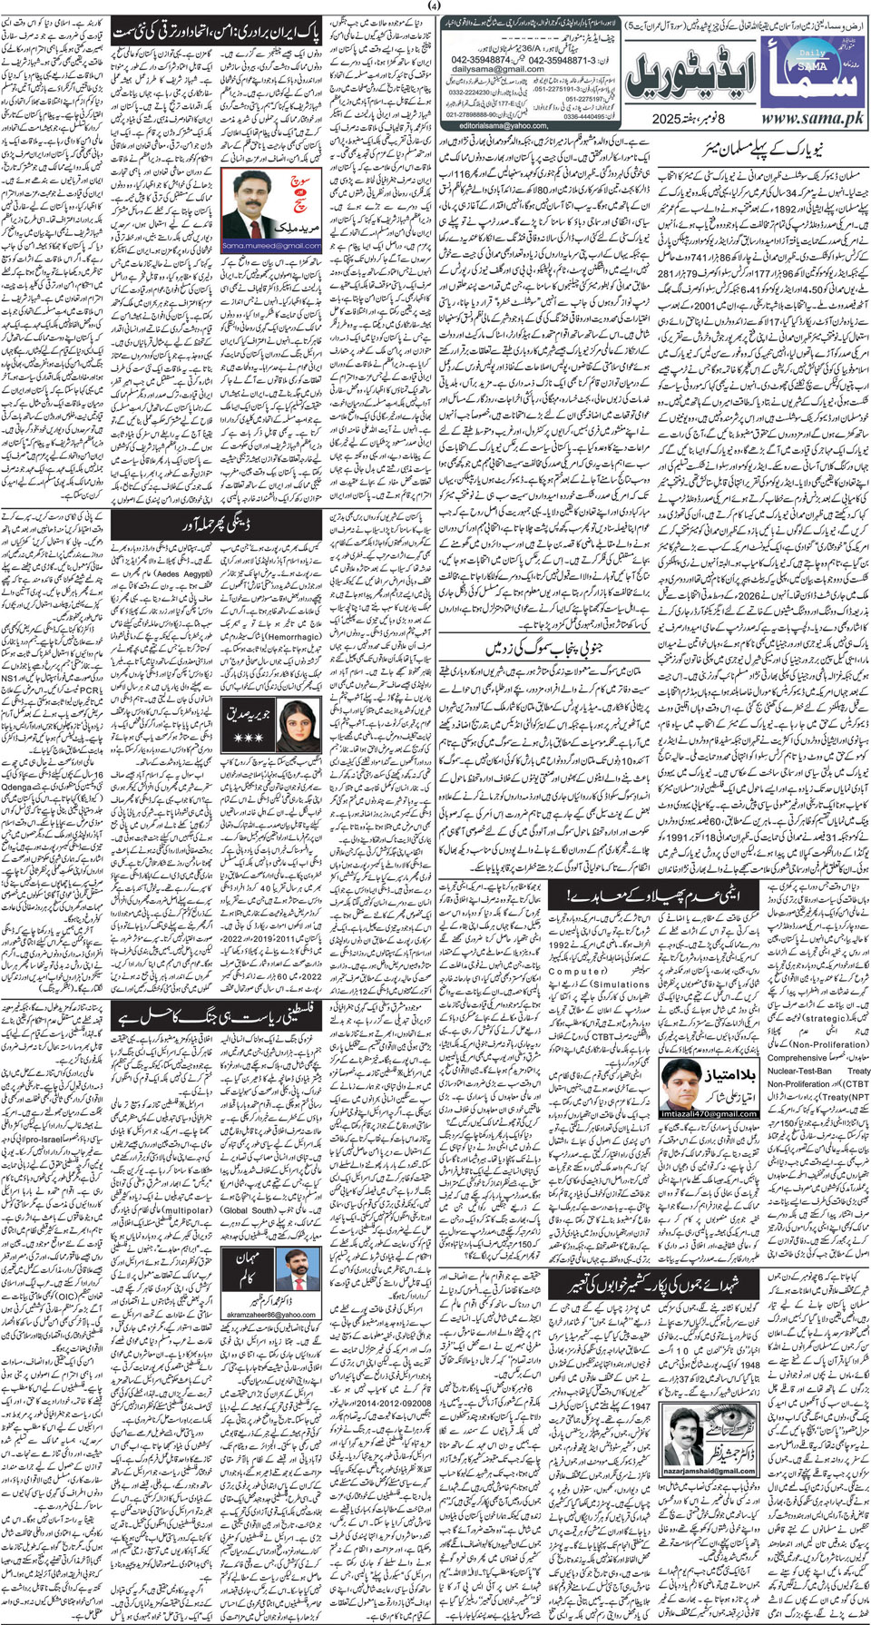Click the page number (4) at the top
[435, 6]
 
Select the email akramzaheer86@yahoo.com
[271, 1313]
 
